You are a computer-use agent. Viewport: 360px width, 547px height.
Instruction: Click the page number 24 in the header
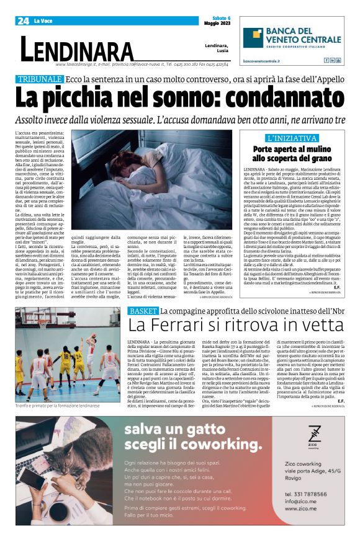coord(23,20)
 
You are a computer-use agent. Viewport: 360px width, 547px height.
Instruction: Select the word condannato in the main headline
coord(258,98)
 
